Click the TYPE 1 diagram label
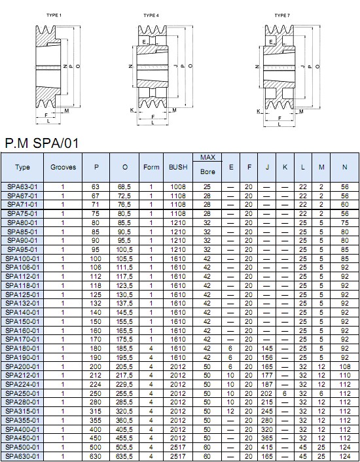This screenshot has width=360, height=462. (x=54, y=15)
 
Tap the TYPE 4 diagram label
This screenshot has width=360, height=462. (x=151, y=15)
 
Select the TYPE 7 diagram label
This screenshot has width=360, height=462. (x=282, y=15)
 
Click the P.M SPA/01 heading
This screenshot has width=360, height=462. (x=42, y=143)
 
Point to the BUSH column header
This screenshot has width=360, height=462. (x=178, y=167)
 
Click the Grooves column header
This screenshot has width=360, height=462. (x=63, y=167)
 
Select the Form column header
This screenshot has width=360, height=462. (x=151, y=167)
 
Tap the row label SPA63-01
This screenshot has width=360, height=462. (x=22, y=187)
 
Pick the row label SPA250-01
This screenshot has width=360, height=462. (x=22, y=393)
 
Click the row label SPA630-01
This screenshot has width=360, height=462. (x=22, y=456)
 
